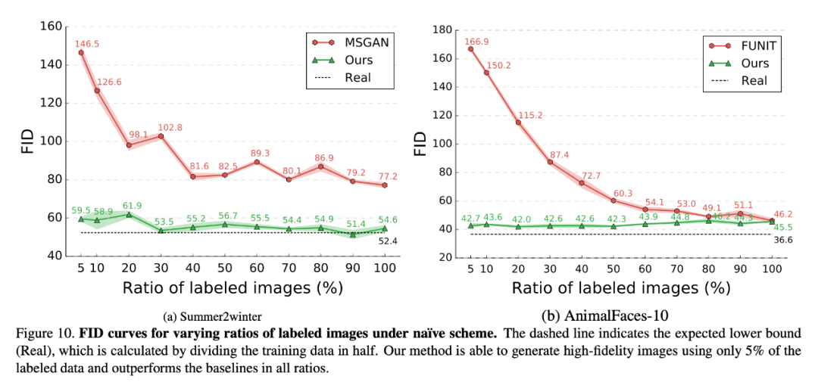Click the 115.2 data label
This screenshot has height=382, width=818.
click(531, 115)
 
